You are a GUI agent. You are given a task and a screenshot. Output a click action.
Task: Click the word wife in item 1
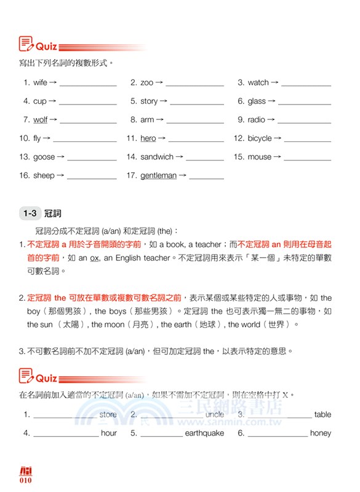pos(40,82)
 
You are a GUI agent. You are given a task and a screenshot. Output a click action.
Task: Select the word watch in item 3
pos(258,82)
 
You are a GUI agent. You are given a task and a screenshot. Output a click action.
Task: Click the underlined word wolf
pos(40,120)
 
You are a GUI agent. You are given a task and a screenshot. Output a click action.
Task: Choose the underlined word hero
pos(148,138)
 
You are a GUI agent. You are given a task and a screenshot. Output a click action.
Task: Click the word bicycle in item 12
pos(259,138)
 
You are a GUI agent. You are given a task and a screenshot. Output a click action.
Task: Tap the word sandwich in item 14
pos(157,157)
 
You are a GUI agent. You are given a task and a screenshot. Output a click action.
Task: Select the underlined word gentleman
pos(158,175)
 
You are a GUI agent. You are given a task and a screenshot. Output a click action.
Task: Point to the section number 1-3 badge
pos(30,213)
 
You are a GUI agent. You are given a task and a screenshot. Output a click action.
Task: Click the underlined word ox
pos(94,258)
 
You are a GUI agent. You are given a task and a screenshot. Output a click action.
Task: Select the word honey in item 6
pos(321,433)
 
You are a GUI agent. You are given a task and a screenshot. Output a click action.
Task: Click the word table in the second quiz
pos(322,415)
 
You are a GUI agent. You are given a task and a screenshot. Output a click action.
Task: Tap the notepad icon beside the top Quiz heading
pos(26,44)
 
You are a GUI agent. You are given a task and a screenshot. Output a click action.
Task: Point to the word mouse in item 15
pos(259,157)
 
